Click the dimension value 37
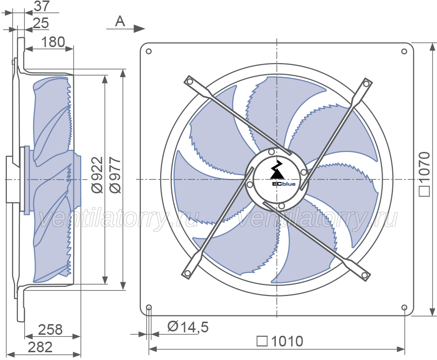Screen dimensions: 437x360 tap(42, 6)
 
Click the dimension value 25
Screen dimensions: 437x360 tap(41, 23)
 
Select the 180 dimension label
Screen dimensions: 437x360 tap(53, 42)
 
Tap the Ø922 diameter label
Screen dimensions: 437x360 tap(98, 175)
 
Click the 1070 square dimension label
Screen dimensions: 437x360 tap(425, 174)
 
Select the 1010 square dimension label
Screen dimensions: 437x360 tap(280, 341)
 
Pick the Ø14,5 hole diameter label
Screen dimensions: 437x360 tap(188, 327)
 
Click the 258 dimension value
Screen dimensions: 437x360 tap(50, 329)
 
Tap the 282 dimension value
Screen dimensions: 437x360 tap(40, 347)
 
